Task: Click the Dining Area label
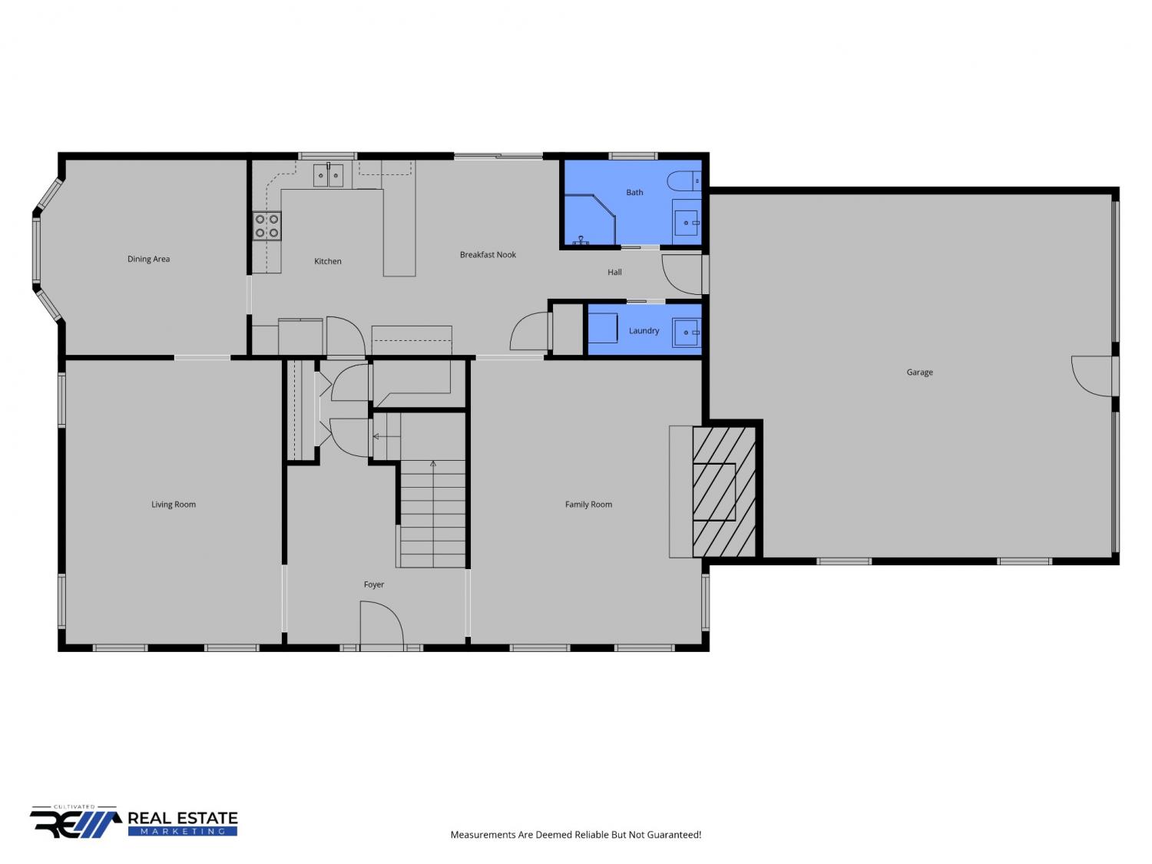click(148, 259)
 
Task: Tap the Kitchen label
click(327, 261)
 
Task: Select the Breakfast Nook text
click(488, 254)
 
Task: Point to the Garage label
click(919, 372)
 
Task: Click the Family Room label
click(588, 505)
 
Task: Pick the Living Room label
click(174, 505)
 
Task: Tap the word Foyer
click(374, 584)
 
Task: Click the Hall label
click(614, 273)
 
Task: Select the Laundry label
click(644, 331)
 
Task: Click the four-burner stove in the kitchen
click(266, 226)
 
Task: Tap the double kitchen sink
click(329, 175)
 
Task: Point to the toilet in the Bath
click(684, 181)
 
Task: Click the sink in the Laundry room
click(687, 333)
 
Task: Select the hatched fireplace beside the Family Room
click(724, 492)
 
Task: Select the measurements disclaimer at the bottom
click(576, 835)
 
